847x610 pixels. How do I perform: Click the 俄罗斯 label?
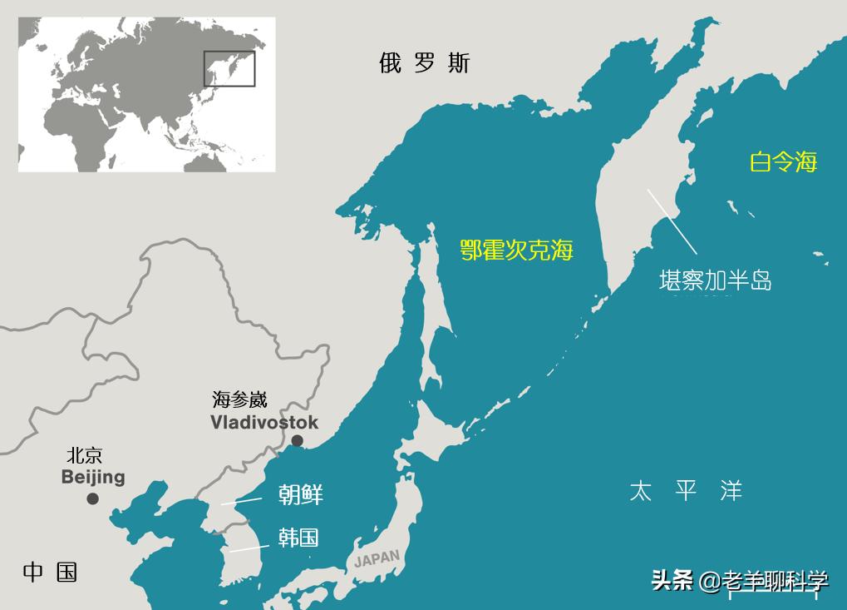tap(424, 63)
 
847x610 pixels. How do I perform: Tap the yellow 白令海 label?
tap(783, 161)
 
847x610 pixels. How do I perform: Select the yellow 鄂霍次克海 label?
tap(517, 250)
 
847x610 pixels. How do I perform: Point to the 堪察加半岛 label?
tap(715, 280)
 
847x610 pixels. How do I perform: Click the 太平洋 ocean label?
tap(685, 490)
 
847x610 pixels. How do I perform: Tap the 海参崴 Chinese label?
tap(239, 399)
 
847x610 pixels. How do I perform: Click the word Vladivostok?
tap(263, 423)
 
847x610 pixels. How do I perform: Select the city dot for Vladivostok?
tap(297, 441)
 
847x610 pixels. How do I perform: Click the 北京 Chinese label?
tap(85, 456)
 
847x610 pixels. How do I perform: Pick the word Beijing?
tap(93, 477)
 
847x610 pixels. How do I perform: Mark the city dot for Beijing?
tap(92, 498)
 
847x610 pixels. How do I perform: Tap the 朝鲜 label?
tap(300, 495)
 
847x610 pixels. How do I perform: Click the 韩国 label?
tap(298, 538)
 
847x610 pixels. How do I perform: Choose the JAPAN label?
tap(377, 558)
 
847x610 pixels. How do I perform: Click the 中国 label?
tap(50, 573)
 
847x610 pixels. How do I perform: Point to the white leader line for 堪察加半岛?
tap(672, 221)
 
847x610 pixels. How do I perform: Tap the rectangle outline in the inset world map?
tap(229, 68)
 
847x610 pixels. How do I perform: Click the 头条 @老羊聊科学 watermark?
tap(740, 580)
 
